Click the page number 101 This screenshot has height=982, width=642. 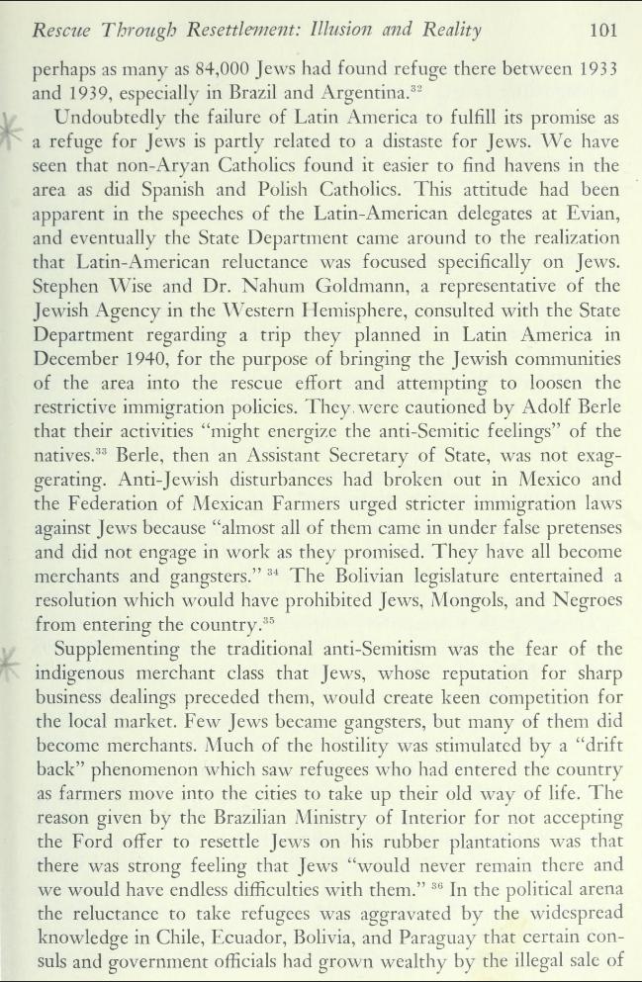click(x=603, y=30)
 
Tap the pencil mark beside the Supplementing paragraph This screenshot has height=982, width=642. click(x=13, y=660)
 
